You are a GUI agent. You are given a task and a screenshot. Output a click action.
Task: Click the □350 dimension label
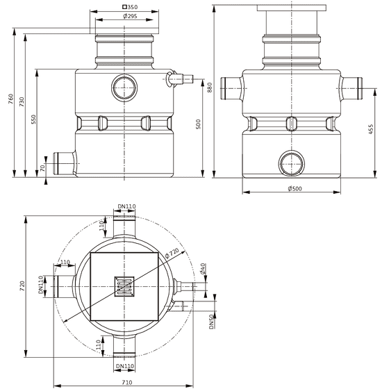tap(130, 7)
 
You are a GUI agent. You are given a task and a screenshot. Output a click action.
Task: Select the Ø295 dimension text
tap(130, 17)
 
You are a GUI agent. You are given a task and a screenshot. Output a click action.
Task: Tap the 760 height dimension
tap(10, 99)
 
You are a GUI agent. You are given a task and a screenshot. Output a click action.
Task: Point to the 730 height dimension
tap(22, 102)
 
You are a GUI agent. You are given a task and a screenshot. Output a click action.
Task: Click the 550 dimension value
tap(33, 119)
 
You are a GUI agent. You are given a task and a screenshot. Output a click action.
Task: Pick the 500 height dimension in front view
tap(198, 124)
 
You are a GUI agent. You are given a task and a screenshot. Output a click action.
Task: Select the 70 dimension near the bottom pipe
tap(42, 168)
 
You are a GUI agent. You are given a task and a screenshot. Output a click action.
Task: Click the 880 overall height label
tap(210, 88)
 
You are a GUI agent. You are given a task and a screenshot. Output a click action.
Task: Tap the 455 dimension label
tap(371, 129)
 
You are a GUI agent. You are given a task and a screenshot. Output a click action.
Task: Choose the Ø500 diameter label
tap(295, 188)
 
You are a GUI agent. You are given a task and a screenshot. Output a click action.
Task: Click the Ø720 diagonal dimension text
tap(172, 254)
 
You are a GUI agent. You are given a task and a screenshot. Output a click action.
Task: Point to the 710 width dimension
tap(126, 382)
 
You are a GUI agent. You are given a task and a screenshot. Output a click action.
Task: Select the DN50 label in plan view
tap(211, 322)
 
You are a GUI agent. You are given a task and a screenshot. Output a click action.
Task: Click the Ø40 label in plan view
tap(203, 269)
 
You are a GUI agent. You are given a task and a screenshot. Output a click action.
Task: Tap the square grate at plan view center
tap(124, 286)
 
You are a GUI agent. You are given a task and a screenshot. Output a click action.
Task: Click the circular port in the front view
tap(124, 88)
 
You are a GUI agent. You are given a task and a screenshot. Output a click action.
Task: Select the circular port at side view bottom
tap(292, 164)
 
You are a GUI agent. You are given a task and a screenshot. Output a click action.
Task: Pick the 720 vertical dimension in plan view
tap(22, 286)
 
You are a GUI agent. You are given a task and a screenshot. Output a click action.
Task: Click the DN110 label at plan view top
tap(126, 206)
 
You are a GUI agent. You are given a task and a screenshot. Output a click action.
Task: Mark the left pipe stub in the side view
tap(231, 88)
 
